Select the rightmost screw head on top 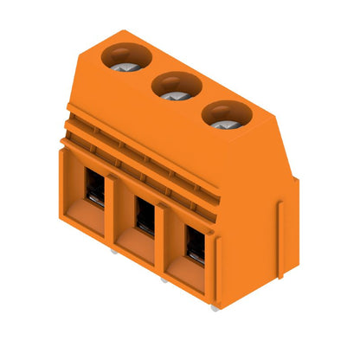click(x=223, y=119)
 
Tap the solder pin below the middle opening click(x=164, y=278)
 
